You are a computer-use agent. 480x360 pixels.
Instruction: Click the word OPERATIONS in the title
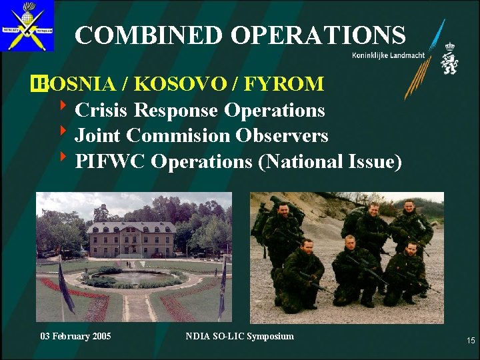309,35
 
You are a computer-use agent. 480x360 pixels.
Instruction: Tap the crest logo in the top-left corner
27,26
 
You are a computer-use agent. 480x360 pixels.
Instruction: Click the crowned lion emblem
450,58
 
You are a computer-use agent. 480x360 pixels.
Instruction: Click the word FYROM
285,84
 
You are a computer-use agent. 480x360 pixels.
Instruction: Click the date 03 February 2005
75,336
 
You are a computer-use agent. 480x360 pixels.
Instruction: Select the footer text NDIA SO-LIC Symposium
239,336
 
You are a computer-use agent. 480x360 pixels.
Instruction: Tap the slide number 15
471,341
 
